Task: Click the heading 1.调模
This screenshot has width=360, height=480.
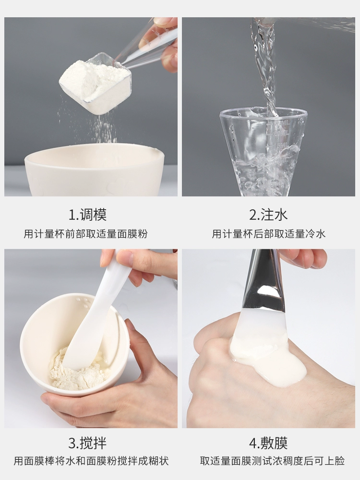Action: pos(87,215)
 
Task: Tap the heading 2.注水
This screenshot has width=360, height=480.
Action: pos(268,215)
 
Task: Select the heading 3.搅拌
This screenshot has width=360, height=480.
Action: pos(87,443)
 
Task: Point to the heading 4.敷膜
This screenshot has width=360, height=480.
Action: pos(268,443)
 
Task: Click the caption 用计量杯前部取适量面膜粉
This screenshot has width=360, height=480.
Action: pos(86,234)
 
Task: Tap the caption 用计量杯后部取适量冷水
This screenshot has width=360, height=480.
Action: pos(269,234)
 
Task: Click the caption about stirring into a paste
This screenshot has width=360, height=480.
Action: pos(91,461)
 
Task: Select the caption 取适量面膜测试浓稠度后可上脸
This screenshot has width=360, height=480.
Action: pos(273,461)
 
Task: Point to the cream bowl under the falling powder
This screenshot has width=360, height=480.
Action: pos(94,170)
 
